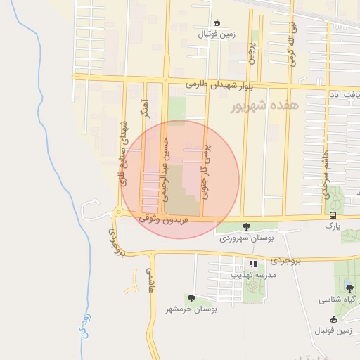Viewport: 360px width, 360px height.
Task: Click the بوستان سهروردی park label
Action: coord(245,238)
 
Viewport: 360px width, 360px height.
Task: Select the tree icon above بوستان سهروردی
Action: coord(245,226)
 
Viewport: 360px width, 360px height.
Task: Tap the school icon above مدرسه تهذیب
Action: coord(252,264)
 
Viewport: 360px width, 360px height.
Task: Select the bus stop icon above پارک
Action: coord(332,216)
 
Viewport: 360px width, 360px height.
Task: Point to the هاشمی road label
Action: coord(150,280)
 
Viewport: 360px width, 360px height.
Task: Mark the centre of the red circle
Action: coord(179,179)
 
